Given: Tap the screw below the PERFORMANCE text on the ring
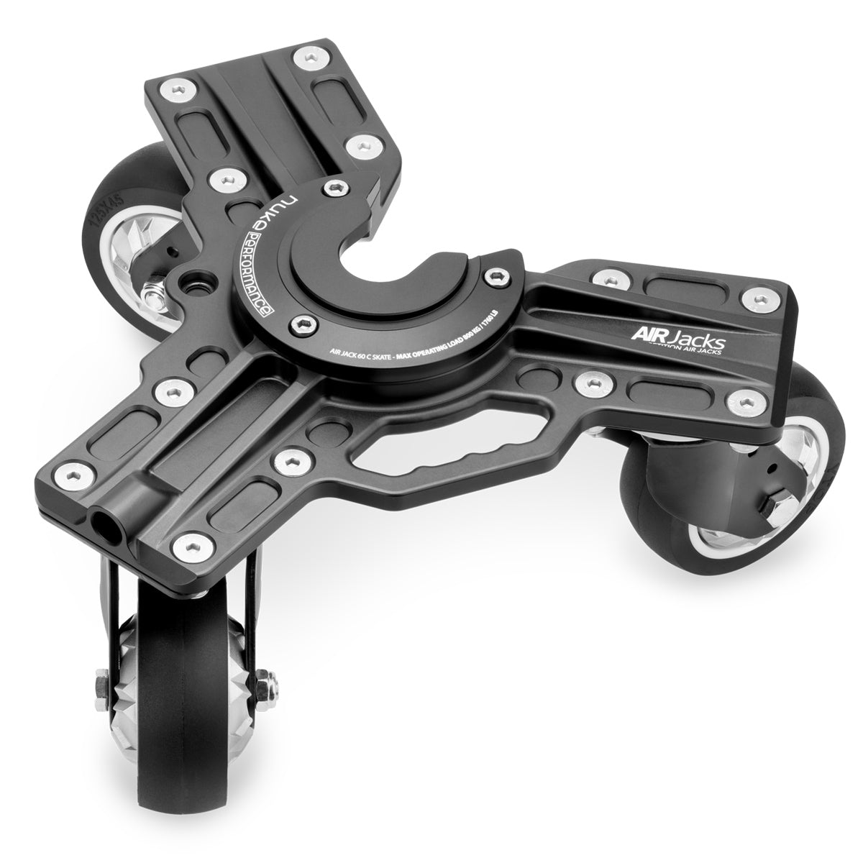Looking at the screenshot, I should [x=301, y=327].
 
